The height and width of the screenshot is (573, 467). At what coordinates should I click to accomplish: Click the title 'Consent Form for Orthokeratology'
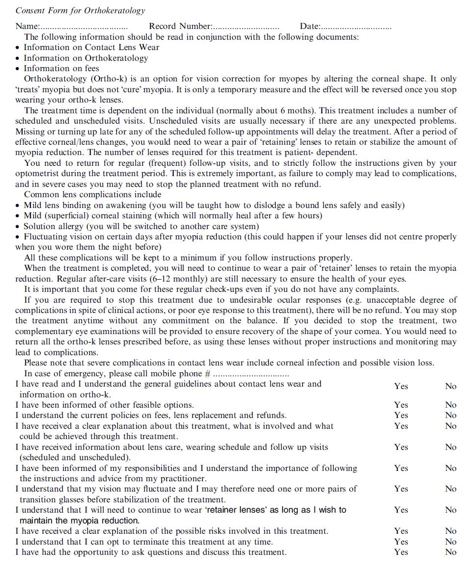click(x=80, y=11)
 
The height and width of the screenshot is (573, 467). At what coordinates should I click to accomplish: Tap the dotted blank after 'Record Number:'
click(x=246, y=27)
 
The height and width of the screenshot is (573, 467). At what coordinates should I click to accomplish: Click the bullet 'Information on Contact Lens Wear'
click(x=91, y=48)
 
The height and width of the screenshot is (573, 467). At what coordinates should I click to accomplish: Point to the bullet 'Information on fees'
click(x=61, y=69)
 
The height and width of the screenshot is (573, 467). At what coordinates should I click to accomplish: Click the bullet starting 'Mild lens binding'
click(x=214, y=206)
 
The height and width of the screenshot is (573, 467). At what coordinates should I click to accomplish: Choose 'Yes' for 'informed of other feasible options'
click(x=401, y=405)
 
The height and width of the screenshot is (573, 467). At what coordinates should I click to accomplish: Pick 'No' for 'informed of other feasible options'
click(x=450, y=405)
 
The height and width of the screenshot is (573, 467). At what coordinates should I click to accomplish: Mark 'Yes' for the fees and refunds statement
click(x=401, y=416)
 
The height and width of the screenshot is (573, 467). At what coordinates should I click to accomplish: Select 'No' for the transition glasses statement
click(x=450, y=489)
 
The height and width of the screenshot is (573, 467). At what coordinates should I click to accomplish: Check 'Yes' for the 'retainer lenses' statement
click(x=401, y=510)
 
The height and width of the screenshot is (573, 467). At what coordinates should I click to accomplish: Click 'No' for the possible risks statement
click(x=450, y=531)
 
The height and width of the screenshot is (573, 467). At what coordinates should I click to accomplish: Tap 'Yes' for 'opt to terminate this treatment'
click(x=401, y=542)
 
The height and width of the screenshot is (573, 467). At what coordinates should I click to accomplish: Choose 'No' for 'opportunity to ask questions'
click(x=450, y=552)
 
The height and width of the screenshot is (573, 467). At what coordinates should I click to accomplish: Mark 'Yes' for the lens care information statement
click(x=401, y=447)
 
